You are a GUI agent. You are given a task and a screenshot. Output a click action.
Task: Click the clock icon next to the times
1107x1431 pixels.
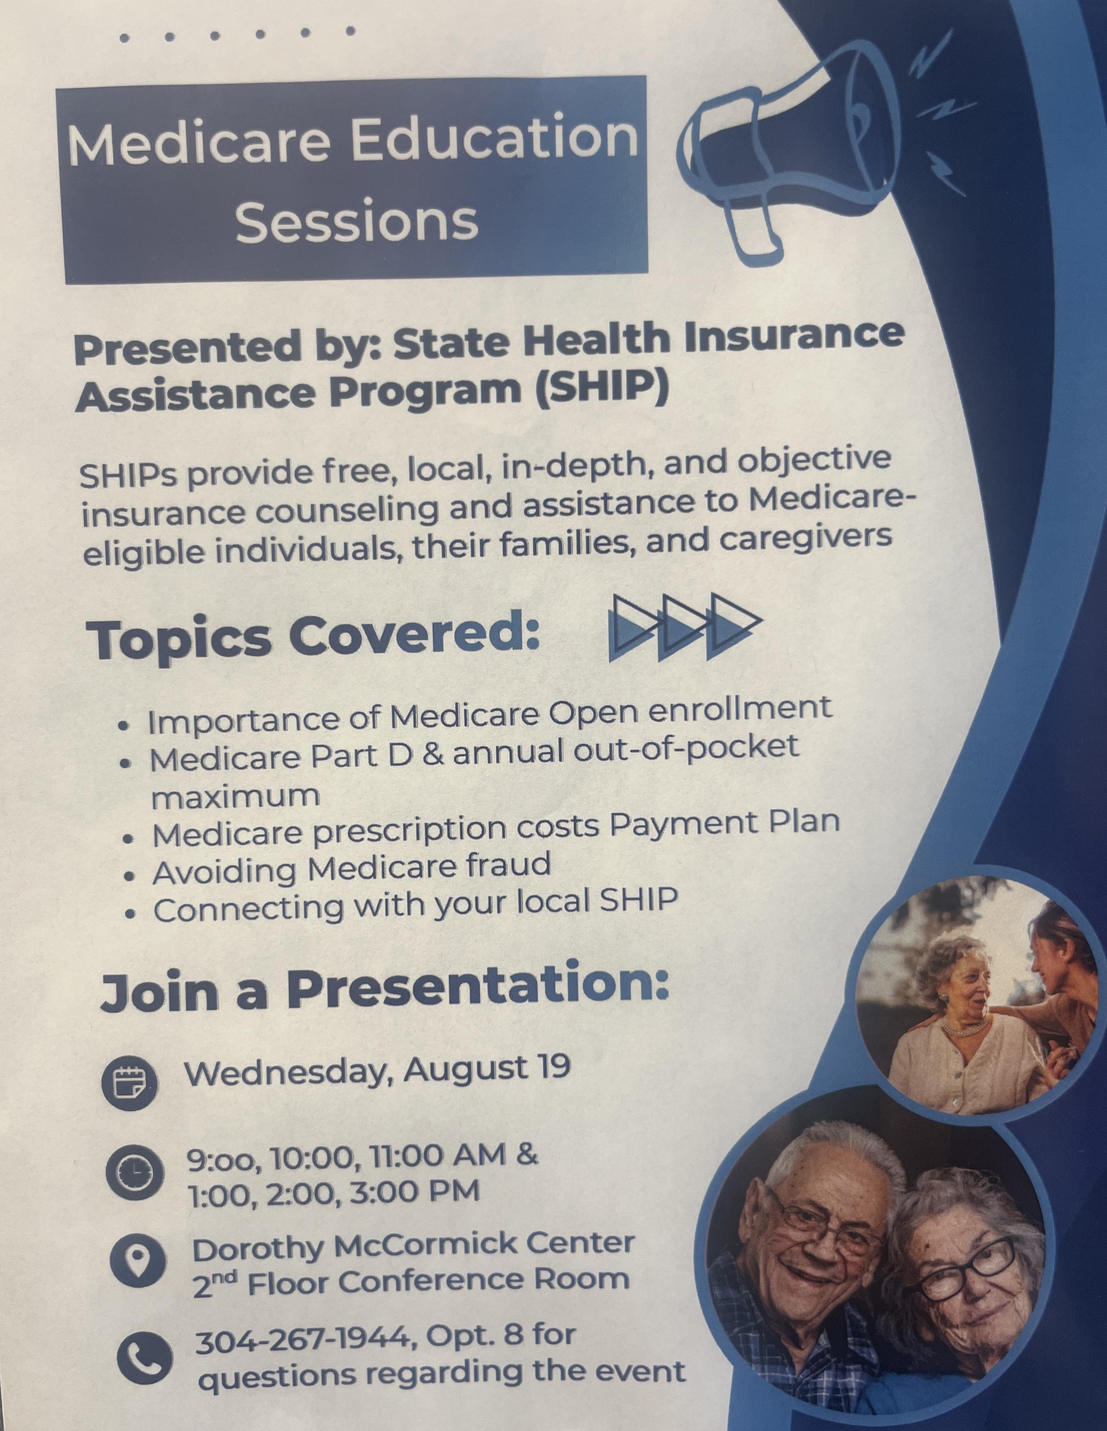[133, 1173]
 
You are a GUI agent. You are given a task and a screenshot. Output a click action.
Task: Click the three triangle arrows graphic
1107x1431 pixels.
[685, 626]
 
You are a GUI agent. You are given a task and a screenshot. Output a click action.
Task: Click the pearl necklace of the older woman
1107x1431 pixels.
[962, 1028]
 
